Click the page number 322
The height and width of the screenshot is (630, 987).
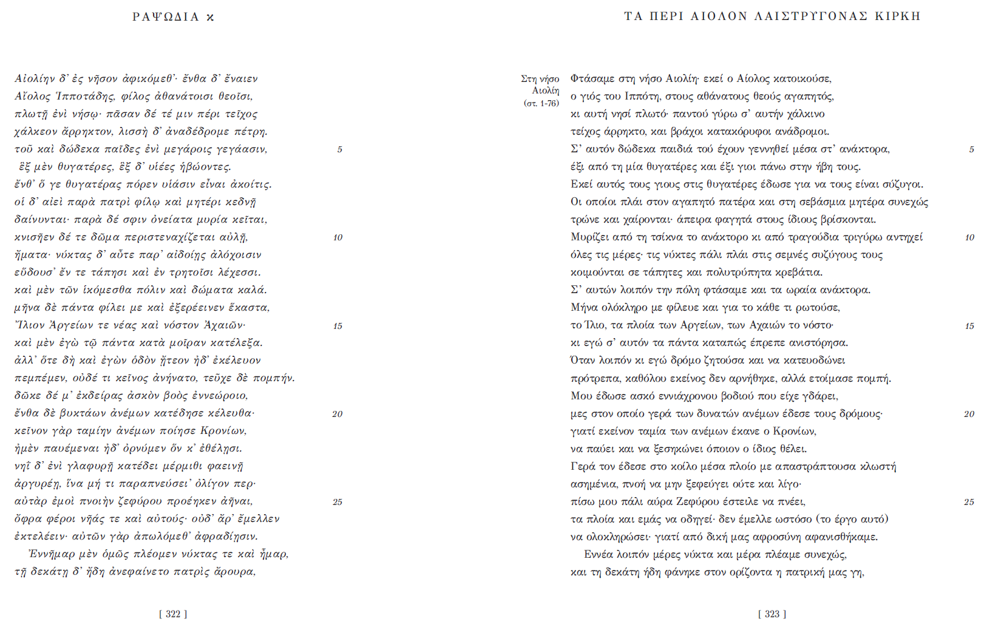pos(173,614)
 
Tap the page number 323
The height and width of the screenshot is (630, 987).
pos(772,614)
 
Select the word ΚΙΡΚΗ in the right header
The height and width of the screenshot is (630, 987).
pos(898,16)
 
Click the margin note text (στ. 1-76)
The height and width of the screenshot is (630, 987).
pos(541,103)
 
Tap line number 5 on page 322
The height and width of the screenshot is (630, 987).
pos(339,149)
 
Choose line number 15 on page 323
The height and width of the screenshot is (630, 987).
pos(969,326)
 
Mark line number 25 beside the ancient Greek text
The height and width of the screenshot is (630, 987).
pos(337,502)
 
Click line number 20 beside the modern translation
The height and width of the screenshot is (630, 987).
pos(969,414)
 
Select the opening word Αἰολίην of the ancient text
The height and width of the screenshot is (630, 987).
pos(35,78)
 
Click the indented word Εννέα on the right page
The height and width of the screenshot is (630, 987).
pos(599,554)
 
